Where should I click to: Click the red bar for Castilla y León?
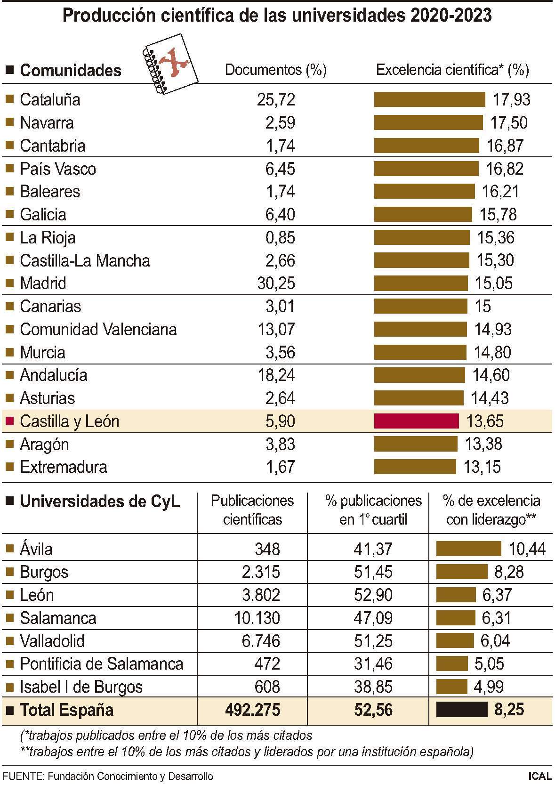point(416,421)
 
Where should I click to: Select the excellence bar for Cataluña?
point(429,99)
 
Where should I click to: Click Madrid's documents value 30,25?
point(276,283)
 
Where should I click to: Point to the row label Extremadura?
point(64,467)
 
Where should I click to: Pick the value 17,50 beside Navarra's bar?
point(509,122)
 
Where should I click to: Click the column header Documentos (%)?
point(276,70)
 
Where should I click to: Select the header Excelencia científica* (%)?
point(452,70)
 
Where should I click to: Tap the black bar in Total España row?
point(462,710)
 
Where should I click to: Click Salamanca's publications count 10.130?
point(257,618)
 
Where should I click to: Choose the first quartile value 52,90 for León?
point(373,595)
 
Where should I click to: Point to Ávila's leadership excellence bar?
point(468,549)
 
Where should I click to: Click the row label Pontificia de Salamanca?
point(101,664)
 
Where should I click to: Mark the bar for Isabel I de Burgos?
point(451,687)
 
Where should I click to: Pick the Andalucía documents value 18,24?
point(276,375)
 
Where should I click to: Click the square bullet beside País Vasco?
point(9,169)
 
